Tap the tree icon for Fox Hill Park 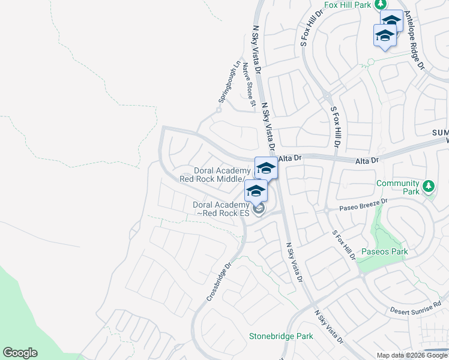pyautogui.click(x=380, y=5)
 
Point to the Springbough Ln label pyautogui.click(x=228, y=80)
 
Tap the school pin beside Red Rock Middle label pyautogui.click(x=266, y=169)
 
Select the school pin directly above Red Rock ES pyautogui.click(x=256, y=191)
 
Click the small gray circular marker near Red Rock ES pyautogui.click(x=259, y=209)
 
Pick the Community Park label pyautogui.click(x=397, y=188)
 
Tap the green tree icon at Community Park pyautogui.click(x=427, y=186)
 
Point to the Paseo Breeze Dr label pyautogui.click(x=364, y=204)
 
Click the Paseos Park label pyautogui.click(x=385, y=251)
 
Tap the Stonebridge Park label pyautogui.click(x=281, y=336)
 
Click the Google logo pyautogui.click(x=20, y=353)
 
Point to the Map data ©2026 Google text pyautogui.click(x=412, y=355)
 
